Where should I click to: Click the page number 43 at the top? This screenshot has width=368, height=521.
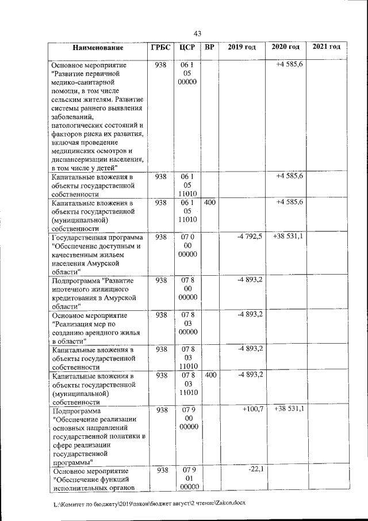[x=197, y=33]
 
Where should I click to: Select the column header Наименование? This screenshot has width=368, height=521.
[x=97, y=47]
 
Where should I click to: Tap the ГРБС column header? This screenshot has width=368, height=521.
[x=160, y=47]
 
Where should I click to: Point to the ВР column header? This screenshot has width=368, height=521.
[x=210, y=47]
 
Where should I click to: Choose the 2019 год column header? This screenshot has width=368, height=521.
[x=241, y=47]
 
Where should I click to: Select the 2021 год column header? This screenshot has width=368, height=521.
[x=326, y=47]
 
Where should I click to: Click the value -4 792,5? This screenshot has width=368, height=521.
[x=250, y=237]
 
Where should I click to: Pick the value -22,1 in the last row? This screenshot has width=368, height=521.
[x=255, y=470]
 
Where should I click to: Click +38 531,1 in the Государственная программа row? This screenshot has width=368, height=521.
[x=289, y=237]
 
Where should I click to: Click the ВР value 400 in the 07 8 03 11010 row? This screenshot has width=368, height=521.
[x=210, y=375]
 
